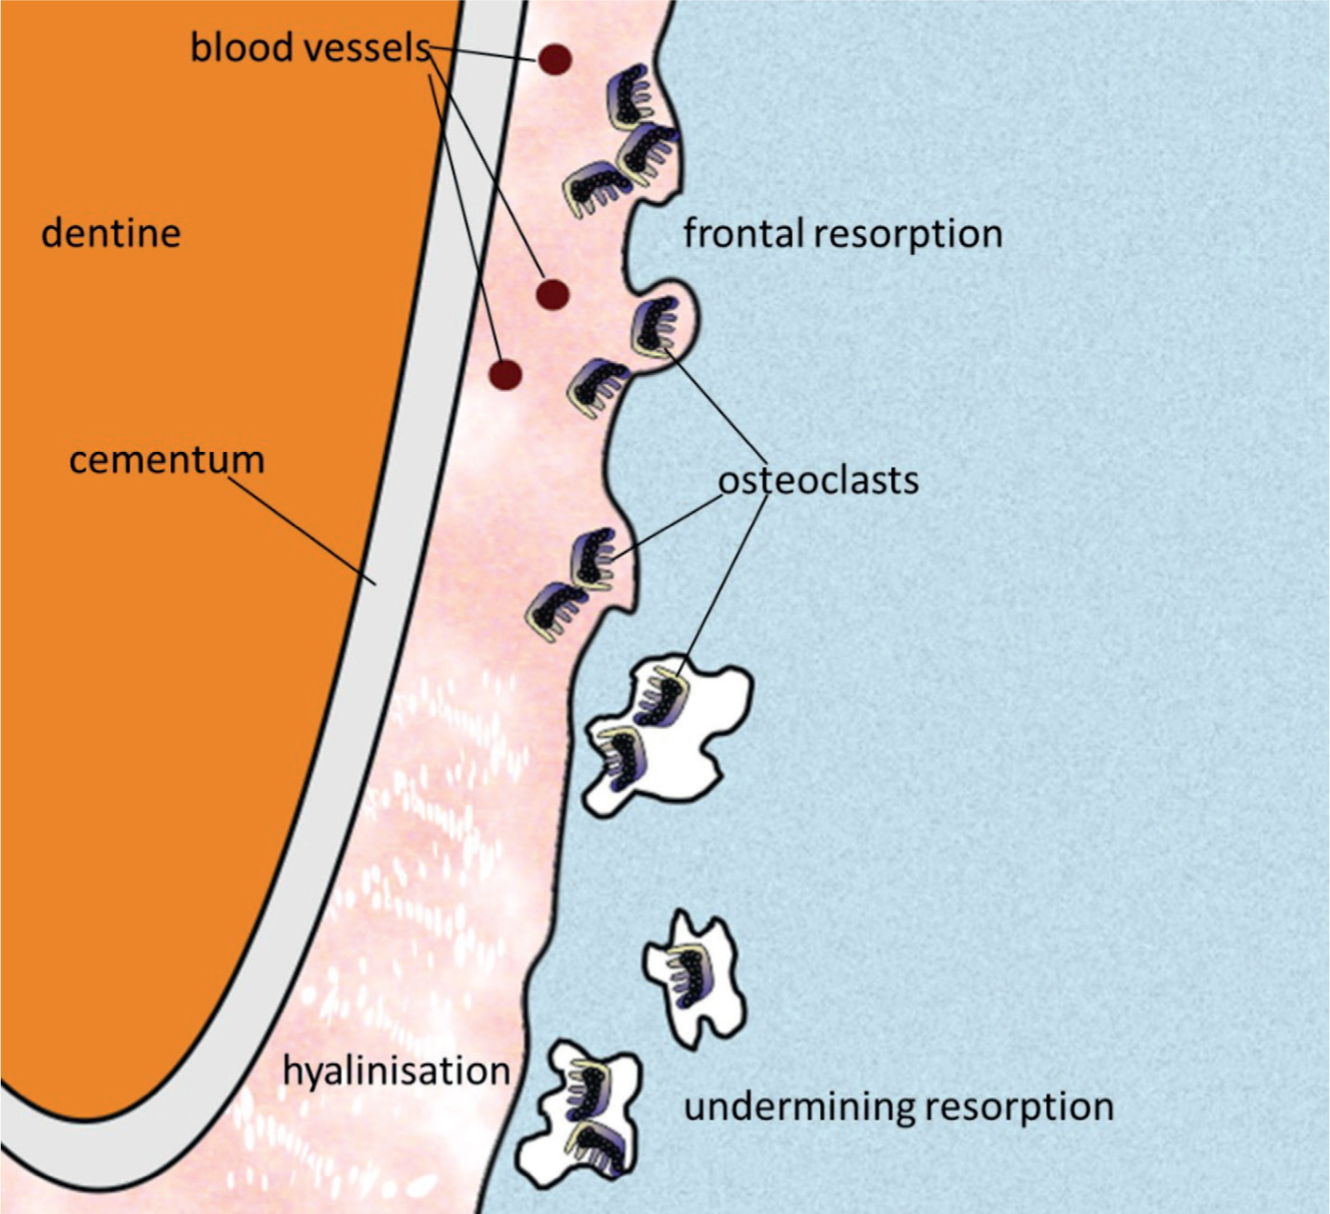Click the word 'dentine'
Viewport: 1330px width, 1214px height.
point(111,233)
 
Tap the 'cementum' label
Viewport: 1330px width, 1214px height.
point(167,459)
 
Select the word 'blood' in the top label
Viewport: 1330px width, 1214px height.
point(242,47)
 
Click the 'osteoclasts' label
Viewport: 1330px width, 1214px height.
point(819,481)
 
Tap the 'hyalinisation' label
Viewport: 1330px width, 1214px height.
point(396,1070)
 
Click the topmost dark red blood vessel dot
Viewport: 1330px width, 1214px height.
point(554,60)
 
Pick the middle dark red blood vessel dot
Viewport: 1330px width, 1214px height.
point(553,294)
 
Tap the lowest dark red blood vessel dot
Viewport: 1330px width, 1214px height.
point(505,375)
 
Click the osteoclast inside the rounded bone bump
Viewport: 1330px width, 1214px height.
point(656,326)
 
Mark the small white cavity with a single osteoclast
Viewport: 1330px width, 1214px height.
point(694,978)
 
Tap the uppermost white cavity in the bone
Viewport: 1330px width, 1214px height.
point(666,736)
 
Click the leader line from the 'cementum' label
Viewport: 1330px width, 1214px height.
point(303,530)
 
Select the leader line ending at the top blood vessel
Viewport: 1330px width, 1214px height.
point(483,54)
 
